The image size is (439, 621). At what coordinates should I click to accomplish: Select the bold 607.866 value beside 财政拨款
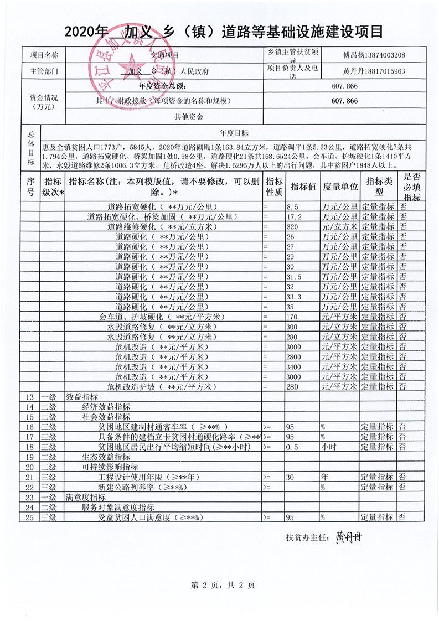[344, 101]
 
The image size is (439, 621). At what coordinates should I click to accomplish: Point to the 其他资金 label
[189, 117]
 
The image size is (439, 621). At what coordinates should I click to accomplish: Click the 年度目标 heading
[234, 133]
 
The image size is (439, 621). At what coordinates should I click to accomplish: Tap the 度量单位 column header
[339, 187]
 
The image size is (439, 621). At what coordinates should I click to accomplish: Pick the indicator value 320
[293, 227]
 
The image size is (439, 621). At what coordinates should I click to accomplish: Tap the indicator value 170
[293, 317]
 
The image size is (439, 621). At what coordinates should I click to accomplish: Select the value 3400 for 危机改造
[295, 366]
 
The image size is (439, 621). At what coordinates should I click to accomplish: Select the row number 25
[30, 517]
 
